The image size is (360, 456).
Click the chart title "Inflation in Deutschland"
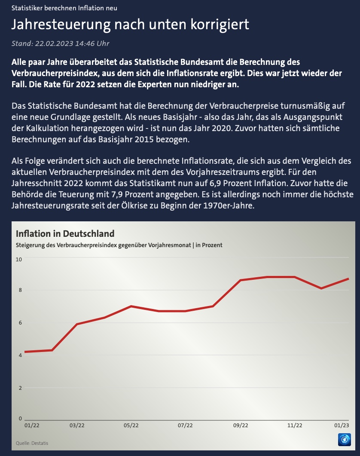click(x=65, y=234)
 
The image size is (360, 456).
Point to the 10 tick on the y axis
click(x=19, y=259)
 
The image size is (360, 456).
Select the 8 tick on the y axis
click(x=19, y=290)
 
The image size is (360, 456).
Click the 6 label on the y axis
click(x=19, y=323)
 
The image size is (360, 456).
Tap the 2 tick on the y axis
click(x=19, y=388)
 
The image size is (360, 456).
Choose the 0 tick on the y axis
click(x=20, y=418)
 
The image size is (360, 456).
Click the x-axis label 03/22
click(x=76, y=425)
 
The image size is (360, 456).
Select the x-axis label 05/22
click(x=131, y=425)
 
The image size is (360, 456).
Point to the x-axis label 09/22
click(x=240, y=425)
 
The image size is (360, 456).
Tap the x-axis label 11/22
click(x=294, y=425)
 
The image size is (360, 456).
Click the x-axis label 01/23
click(x=342, y=425)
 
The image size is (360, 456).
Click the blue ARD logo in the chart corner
click(x=345, y=440)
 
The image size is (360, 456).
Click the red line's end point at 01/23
click(x=348, y=279)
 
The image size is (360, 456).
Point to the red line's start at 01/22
click(x=25, y=352)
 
